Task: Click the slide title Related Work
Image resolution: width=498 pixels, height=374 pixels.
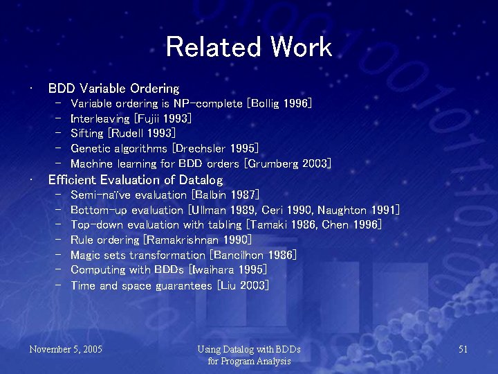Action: [x=249, y=47]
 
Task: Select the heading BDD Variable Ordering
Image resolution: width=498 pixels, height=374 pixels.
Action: [x=113, y=89]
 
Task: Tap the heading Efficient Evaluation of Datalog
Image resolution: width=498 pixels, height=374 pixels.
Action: [x=136, y=180]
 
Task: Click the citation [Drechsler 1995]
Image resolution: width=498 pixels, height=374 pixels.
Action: [x=216, y=149]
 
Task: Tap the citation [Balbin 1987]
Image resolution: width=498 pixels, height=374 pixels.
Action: [x=225, y=195]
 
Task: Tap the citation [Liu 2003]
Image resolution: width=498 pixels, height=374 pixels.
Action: [x=243, y=285]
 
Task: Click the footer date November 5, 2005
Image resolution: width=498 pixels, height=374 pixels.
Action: [x=66, y=349]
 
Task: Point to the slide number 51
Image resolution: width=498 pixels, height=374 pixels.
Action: [x=463, y=349]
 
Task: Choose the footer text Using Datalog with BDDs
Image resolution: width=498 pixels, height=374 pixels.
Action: [x=249, y=349]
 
